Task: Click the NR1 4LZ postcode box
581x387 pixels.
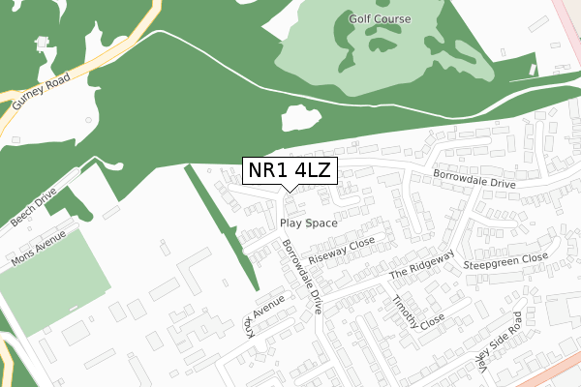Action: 290,171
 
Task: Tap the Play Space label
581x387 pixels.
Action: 308,223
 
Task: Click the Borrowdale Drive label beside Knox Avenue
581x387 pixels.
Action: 300,276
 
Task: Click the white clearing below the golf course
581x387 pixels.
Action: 299,119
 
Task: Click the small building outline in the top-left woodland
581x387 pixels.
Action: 42,44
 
